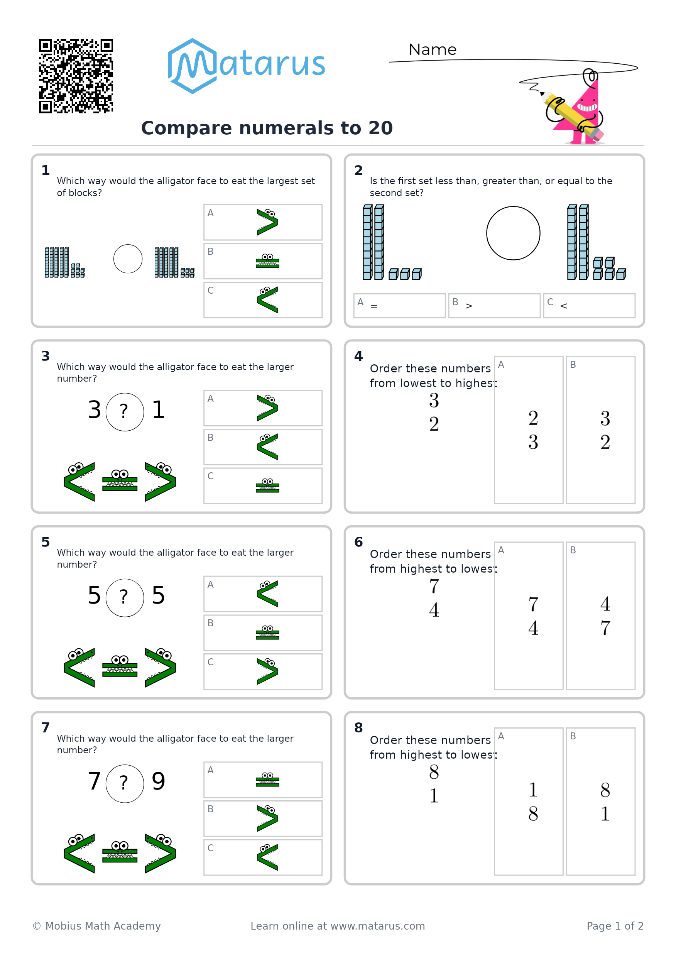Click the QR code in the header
coord(76,76)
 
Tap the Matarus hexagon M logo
coord(192,66)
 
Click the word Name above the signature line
coord(432,50)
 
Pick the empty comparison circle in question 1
coord(128,259)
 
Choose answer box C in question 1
coord(263,300)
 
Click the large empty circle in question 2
coord(513,233)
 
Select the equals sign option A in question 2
coord(399,306)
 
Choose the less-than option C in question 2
coord(589,306)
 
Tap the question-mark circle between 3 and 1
coord(125,412)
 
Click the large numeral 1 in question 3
coord(158,410)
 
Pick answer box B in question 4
coord(600,430)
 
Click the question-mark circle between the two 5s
coord(125,598)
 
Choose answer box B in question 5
coord(263,633)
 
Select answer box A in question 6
coord(529,615)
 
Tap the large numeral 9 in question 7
coord(158,781)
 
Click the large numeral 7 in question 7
coord(95,781)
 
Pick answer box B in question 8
coord(600,801)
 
